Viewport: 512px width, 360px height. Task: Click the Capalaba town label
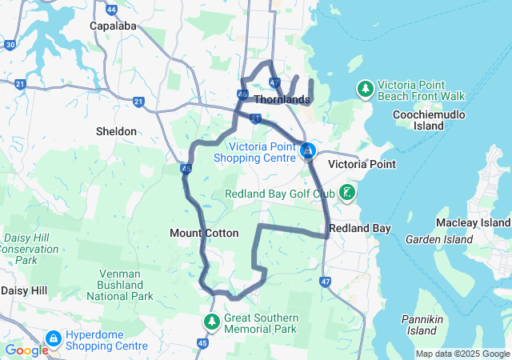113,26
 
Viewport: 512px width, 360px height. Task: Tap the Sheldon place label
116,130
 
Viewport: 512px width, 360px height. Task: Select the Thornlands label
282,100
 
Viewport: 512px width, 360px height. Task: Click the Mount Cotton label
204,233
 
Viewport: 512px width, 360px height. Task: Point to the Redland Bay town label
360,229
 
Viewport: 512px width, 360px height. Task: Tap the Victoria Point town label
362,164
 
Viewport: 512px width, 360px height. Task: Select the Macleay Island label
473,222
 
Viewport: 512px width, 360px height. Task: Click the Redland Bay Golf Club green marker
348,192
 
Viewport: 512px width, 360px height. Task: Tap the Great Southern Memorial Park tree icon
212,322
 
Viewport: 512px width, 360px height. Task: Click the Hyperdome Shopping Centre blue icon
54,340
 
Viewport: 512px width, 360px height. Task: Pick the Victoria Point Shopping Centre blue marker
307,150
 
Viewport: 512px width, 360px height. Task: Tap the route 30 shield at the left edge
10,46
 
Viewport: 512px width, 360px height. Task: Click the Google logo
26,350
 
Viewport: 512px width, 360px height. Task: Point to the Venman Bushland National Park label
125,285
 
